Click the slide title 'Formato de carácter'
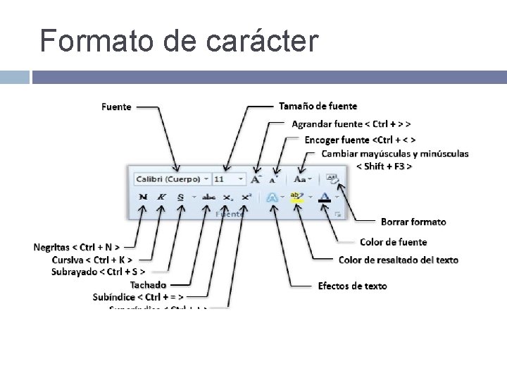[x=180, y=41]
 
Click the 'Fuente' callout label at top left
[x=116, y=107]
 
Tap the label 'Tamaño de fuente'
[x=318, y=107]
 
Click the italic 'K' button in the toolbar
[x=161, y=198]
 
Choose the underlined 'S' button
[x=181, y=198]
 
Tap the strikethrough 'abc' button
[x=208, y=198]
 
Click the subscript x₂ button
[x=227, y=198]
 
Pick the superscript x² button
[x=246, y=198]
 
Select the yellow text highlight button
[x=297, y=198]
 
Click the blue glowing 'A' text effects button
[x=272, y=198]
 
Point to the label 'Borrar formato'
[x=413, y=222]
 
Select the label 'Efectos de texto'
[x=352, y=286]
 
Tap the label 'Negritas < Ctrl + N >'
[x=76, y=247]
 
